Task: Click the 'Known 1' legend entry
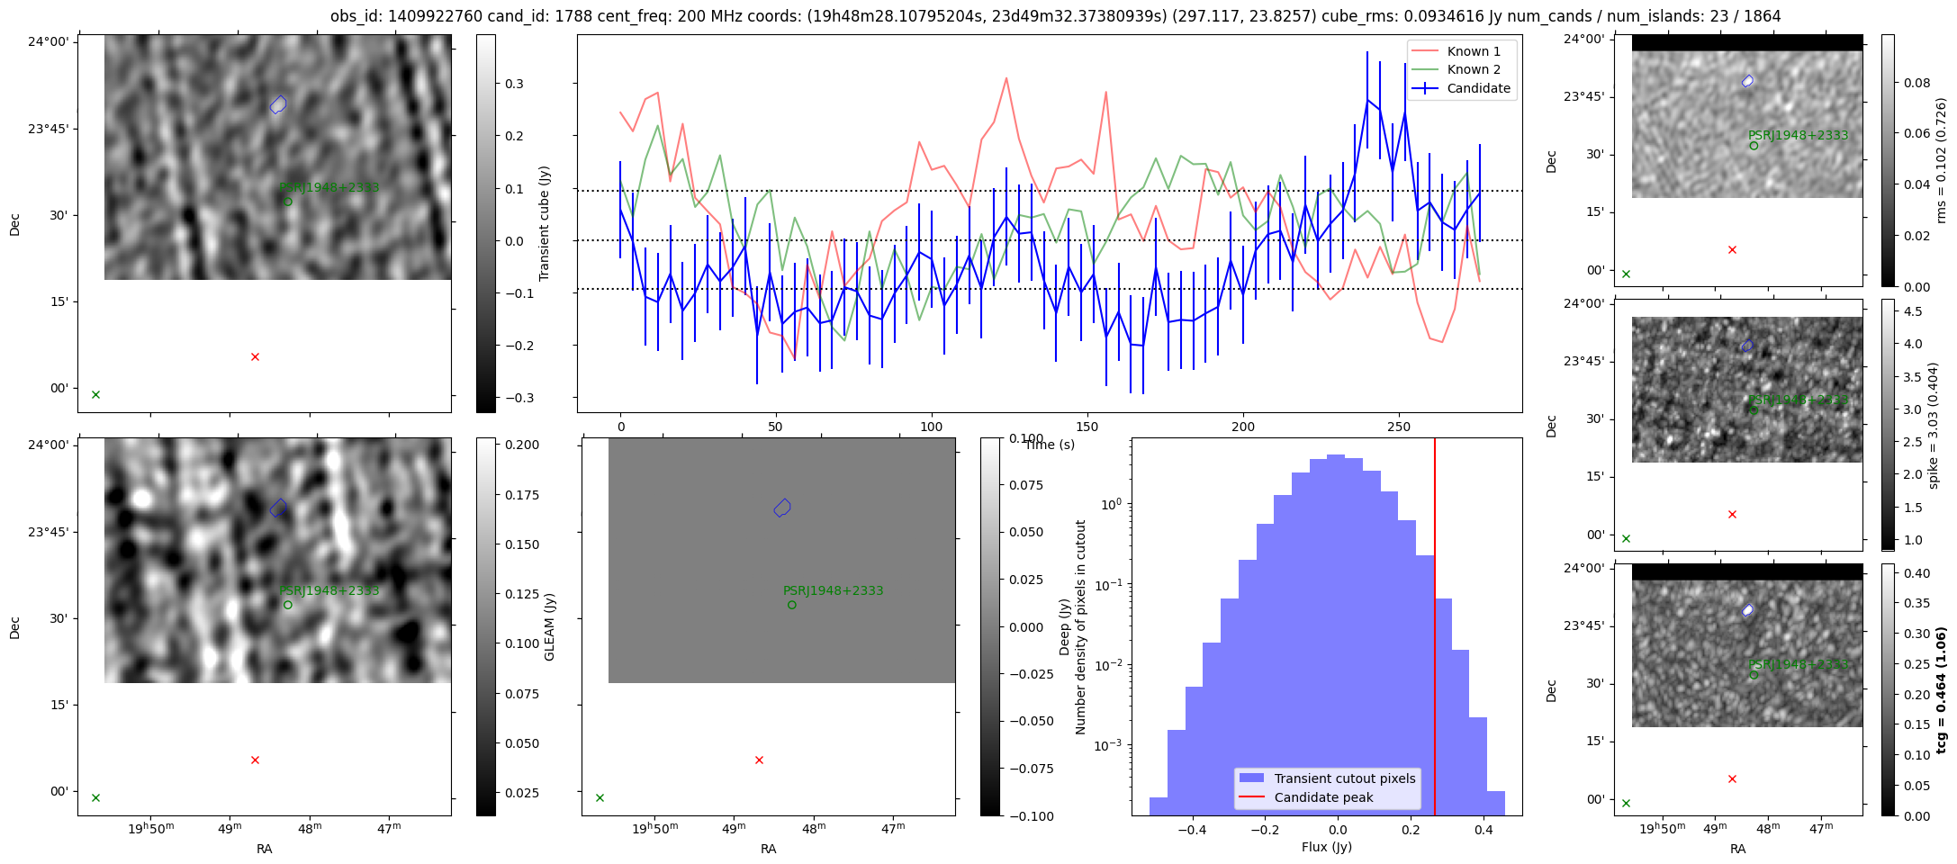click(x=1473, y=51)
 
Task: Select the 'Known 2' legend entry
click(x=1473, y=69)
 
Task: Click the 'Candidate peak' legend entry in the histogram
click(x=1323, y=797)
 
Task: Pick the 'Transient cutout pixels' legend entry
click(x=1344, y=778)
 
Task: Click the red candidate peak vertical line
click(x=1435, y=630)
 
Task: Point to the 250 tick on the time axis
click(x=1398, y=426)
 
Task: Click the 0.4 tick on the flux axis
click(x=1484, y=830)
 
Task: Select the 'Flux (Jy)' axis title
click(x=1326, y=847)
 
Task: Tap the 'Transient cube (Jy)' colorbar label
click(x=544, y=223)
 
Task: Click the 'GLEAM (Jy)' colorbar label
click(x=549, y=626)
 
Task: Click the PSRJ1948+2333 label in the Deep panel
click(x=833, y=591)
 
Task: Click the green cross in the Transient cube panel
click(x=95, y=394)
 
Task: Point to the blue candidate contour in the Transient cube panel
click(x=278, y=105)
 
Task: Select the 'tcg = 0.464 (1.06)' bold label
click(x=1941, y=690)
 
